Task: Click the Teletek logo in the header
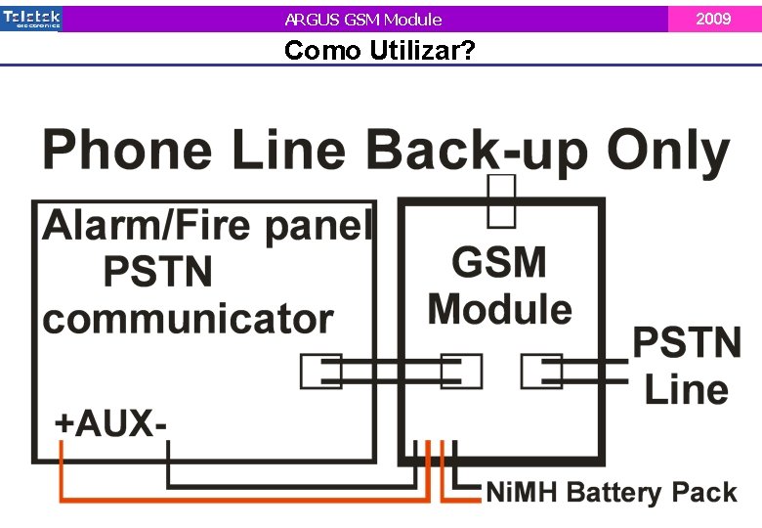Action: pos(31,18)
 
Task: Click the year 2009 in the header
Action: pos(714,19)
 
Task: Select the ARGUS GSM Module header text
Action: pos(363,20)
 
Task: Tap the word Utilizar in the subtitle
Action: pos(422,51)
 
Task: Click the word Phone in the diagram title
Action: pos(126,153)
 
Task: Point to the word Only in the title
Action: pos(668,153)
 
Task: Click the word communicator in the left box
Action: pos(188,320)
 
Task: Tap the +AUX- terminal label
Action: pos(110,423)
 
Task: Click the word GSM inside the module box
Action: pos(500,264)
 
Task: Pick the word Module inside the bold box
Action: pos(500,309)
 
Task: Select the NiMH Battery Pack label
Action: pos(612,492)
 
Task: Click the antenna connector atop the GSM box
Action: pos(501,200)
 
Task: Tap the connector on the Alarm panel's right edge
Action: pos(320,373)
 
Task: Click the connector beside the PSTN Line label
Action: pos(541,373)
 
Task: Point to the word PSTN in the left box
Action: pos(157,273)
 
